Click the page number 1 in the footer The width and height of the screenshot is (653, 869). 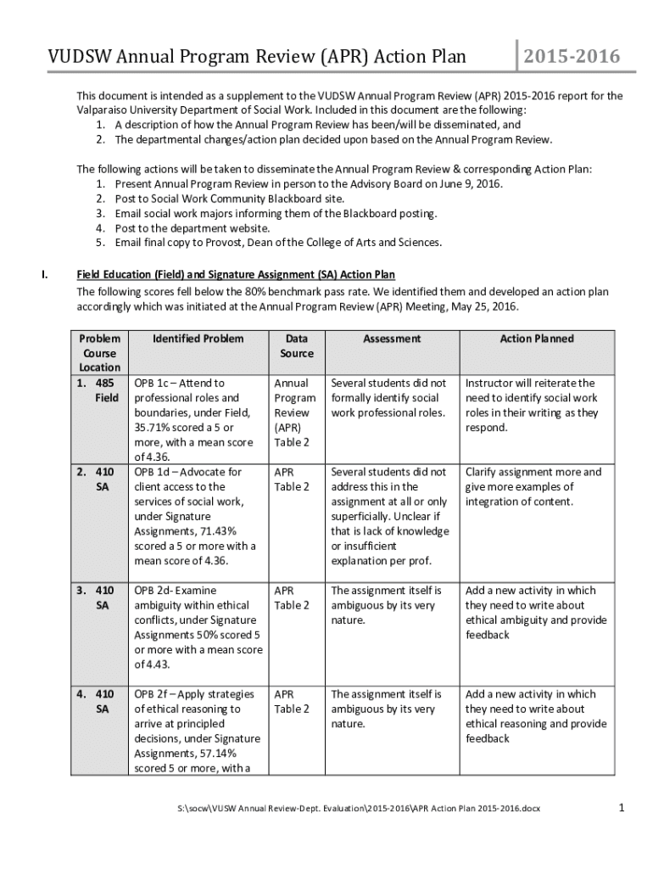click(x=621, y=808)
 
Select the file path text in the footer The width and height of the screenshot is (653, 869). click(x=353, y=809)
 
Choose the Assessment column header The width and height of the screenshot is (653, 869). click(x=392, y=339)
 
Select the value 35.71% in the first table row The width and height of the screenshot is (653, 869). click(x=153, y=428)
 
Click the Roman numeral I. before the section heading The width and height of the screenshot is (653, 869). click(x=47, y=274)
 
